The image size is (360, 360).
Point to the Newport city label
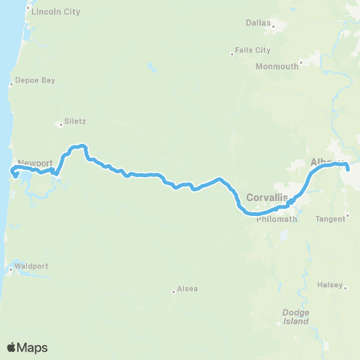[35, 163]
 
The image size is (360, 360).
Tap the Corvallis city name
[267, 197]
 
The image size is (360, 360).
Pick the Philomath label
[277, 219]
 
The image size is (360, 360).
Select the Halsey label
[330, 286]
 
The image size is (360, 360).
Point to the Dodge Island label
[295, 316]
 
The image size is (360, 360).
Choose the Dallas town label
[257, 22]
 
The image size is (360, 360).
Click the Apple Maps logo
[27, 347]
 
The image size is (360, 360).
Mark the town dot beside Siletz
[61, 123]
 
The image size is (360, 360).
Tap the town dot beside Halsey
[346, 286]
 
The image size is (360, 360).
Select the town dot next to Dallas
[274, 26]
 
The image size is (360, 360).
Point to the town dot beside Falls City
[232, 54]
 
